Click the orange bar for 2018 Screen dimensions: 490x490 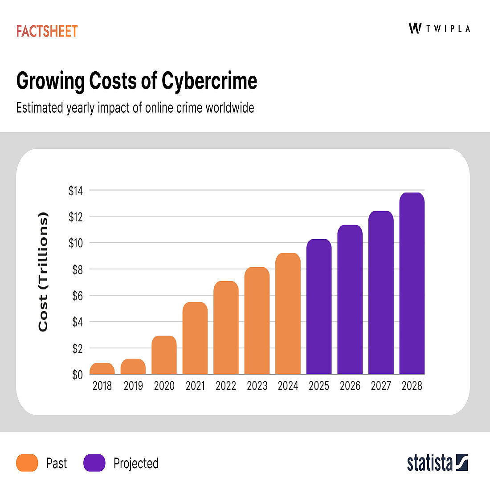click(x=102, y=369)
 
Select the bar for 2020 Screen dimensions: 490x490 click(x=164, y=355)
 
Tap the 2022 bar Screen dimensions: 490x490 click(x=226, y=328)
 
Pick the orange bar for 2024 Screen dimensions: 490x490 click(x=288, y=314)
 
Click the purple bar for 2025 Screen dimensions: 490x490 click(x=319, y=307)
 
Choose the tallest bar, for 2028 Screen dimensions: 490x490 click(x=412, y=283)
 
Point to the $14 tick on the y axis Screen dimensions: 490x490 click(x=75, y=191)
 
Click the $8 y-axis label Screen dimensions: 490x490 click(x=78, y=269)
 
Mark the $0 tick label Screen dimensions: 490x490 click(x=78, y=375)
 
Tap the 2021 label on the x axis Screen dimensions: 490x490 click(x=195, y=386)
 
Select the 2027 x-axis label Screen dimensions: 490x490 click(x=381, y=386)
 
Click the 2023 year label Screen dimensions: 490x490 click(x=257, y=386)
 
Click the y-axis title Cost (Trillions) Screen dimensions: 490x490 click(x=43, y=272)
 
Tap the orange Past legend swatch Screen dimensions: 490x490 click(x=27, y=463)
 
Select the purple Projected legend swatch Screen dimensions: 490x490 click(x=94, y=463)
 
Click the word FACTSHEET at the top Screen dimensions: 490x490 click(x=47, y=31)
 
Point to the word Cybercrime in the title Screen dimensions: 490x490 click(x=209, y=82)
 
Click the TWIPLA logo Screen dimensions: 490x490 click(x=439, y=29)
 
